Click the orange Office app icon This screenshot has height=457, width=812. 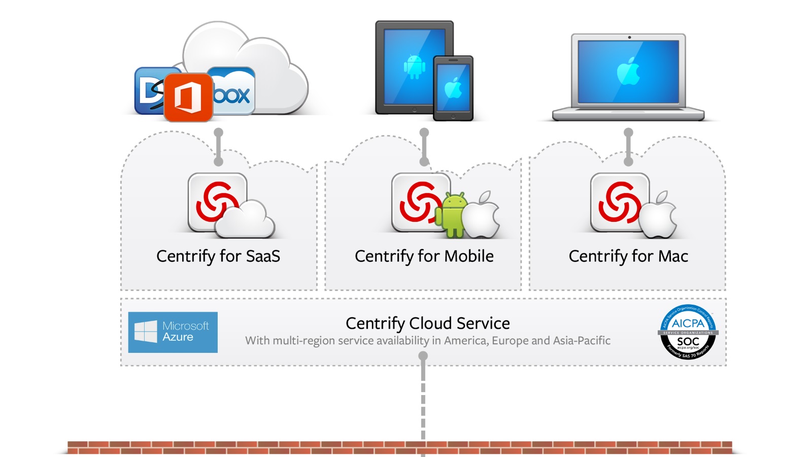pyautogui.click(x=188, y=97)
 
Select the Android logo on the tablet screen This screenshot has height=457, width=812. pyautogui.click(x=414, y=67)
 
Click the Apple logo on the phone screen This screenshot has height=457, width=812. pyautogui.click(x=453, y=88)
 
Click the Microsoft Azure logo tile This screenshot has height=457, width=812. pyautogui.click(x=173, y=332)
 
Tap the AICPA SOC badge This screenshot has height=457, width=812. pyautogui.click(x=688, y=332)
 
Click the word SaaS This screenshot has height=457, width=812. pyautogui.click(x=263, y=256)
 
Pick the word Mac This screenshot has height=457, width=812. pyautogui.click(x=673, y=256)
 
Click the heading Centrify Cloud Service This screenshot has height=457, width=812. pyautogui.click(x=427, y=323)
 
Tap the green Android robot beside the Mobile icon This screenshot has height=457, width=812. pyautogui.click(x=454, y=214)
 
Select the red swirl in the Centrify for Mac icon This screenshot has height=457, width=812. pyautogui.click(x=619, y=202)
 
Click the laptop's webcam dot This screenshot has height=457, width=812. pyautogui.click(x=629, y=38)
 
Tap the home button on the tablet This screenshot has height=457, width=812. pyautogui.click(x=415, y=109)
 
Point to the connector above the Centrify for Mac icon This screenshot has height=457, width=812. pyautogui.click(x=628, y=147)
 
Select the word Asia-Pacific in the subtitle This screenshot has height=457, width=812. pyautogui.click(x=582, y=341)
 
